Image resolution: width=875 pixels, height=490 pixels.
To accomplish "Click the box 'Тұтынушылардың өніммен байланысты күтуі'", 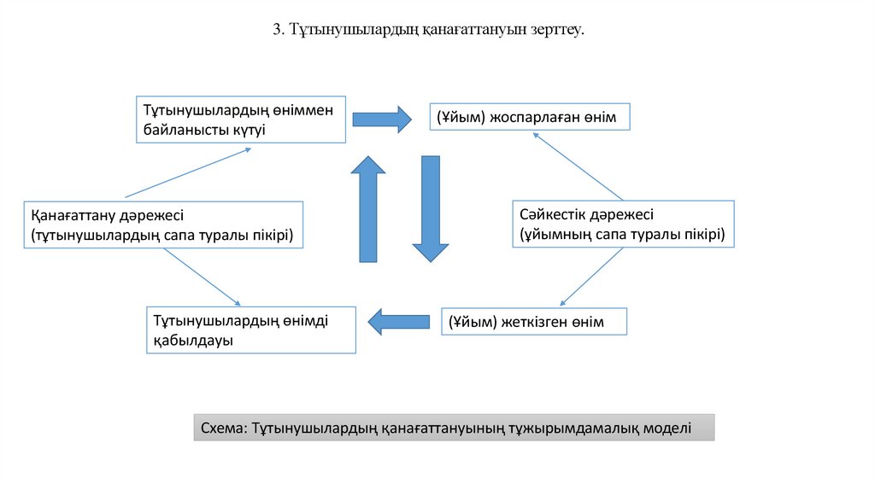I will (x=242, y=119).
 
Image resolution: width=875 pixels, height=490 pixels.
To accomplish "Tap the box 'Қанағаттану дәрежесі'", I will (x=162, y=225).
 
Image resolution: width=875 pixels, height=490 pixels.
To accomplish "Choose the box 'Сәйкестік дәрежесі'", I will (x=623, y=224).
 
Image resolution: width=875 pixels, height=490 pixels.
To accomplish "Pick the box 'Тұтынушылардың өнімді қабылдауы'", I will (x=251, y=330).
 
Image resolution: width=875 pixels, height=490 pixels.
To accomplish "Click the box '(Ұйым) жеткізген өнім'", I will (x=534, y=322).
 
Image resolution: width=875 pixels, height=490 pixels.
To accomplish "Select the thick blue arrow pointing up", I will (x=369, y=209).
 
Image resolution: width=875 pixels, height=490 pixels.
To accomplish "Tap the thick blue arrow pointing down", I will (x=431, y=209).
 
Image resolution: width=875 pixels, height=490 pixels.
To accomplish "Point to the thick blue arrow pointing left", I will (x=399, y=321).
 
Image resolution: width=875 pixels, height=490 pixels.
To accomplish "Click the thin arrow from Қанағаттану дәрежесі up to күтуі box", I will (x=188, y=172).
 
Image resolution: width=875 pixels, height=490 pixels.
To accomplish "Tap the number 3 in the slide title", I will (x=277, y=30).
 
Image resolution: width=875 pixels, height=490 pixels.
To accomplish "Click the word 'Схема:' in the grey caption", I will (x=224, y=428).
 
